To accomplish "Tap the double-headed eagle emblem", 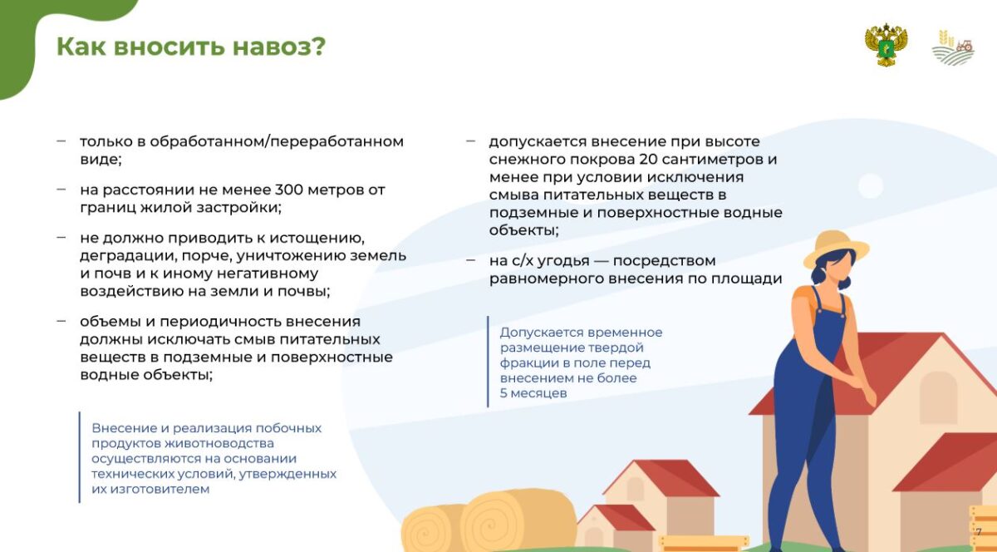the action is coord(886,45).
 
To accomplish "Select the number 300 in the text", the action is coord(289,190).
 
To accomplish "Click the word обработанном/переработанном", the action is coord(277,141).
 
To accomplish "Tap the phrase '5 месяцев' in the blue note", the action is coord(533,393).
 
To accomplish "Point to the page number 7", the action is coord(979,532).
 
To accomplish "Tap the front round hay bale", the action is coord(518,520).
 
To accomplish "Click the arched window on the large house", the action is coord(938,397).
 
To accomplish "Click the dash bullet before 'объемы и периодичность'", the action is coord(61,321).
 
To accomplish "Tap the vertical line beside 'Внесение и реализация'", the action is coord(80,457).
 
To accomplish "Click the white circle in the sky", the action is coord(871,185).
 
